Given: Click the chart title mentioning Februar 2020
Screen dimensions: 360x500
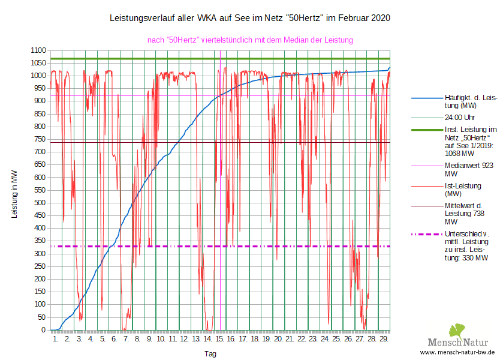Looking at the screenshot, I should [x=250, y=18].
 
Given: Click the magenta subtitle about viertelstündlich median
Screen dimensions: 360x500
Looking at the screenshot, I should [x=250, y=40].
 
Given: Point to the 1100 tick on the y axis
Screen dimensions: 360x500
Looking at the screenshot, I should [x=39, y=50].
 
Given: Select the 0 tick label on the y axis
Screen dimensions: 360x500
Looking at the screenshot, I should [x=44, y=330].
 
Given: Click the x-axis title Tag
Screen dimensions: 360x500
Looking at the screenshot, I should [x=210, y=353].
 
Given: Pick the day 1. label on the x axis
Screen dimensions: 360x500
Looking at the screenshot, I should [x=56, y=340].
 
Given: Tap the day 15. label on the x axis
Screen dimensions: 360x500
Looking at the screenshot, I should [x=219, y=340].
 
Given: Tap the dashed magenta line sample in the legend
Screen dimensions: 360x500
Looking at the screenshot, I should [x=426, y=234].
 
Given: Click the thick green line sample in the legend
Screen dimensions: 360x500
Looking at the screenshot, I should [x=426, y=130].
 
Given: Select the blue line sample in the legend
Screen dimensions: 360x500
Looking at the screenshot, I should [x=426, y=97].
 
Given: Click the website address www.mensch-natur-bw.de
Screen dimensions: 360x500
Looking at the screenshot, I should [x=457, y=352].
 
